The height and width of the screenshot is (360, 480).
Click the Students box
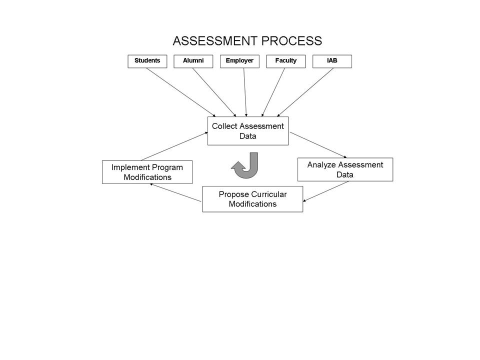[147, 61]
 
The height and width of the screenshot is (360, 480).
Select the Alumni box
[193, 61]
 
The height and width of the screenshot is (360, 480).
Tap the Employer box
[239, 61]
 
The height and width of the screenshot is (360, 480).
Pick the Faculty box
[285, 61]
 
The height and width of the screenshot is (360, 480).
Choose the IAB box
[332, 61]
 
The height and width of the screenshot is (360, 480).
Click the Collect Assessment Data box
[247, 131]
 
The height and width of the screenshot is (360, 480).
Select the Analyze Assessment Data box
[345, 169]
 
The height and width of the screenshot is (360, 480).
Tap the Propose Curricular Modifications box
[252, 199]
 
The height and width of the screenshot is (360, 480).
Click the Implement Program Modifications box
[147, 172]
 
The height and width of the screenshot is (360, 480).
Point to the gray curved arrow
[246, 166]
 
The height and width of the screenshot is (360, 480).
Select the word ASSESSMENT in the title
[211, 41]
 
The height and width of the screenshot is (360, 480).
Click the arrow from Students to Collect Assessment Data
[180, 92]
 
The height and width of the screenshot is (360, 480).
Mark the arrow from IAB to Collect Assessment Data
[305, 92]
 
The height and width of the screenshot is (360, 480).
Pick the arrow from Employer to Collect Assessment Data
[245, 92]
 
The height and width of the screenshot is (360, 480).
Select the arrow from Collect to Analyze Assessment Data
[318, 145]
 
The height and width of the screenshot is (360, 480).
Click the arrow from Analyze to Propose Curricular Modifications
[326, 191]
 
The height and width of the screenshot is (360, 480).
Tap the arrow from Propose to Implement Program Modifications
[175, 192]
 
